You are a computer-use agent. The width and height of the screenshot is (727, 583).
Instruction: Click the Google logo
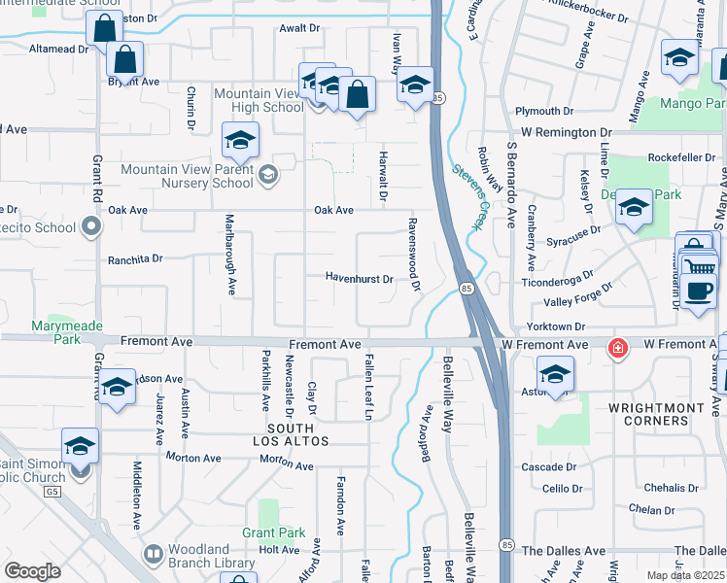pyautogui.click(x=32, y=571)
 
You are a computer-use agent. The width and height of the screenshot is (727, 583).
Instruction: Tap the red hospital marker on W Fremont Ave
pyautogui.click(x=616, y=347)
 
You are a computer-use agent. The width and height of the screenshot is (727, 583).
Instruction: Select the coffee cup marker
pyautogui.click(x=698, y=290)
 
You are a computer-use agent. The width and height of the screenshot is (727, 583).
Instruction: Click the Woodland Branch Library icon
pyautogui.click(x=153, y=555)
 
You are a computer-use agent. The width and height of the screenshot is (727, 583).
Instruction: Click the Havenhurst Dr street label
pyautogui.click(x=359, y=279)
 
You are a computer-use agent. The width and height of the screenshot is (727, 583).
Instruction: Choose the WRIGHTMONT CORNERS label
pyautogui.click(x=648, y=414)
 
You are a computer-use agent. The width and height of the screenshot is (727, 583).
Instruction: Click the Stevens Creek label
pyautogui.click(x=467, y=195)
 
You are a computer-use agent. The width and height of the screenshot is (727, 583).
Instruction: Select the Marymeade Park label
pyautogui.click(x=54, y=332)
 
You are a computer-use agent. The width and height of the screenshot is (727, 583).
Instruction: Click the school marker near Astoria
pyautogui.click(x=555, y=374)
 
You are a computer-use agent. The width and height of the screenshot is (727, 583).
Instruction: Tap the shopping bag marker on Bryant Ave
pyautogui.click(x=125, y=60)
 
